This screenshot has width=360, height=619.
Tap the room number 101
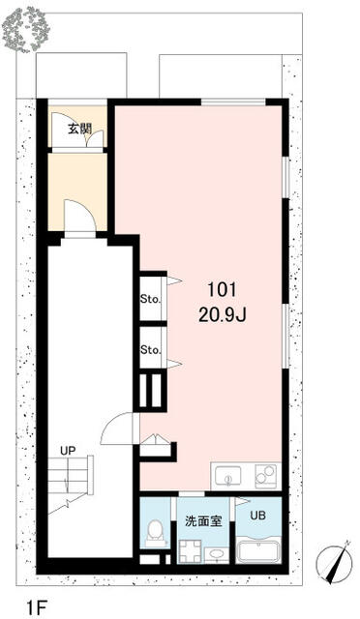(x=222, y=291)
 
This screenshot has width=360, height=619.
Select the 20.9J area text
(x=223, y=314)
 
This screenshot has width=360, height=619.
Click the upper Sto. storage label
(x=151, y=299)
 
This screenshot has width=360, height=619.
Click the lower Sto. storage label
(x=151, y=349)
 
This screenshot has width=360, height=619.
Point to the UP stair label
(x=68, y=451)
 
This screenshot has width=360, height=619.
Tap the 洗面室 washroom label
(x=203, y=521)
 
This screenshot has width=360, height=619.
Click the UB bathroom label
(x=257, y=516)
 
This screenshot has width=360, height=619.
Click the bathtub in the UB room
(x=258, y=549)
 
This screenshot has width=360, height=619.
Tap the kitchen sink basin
(x=227, y=476)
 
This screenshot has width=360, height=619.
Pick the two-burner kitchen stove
(x=265, y=476)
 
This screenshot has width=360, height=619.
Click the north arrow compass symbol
(x=334, y=562)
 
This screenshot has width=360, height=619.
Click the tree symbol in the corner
(x=25, y=30)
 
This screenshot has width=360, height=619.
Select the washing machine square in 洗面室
(x=191, y=550)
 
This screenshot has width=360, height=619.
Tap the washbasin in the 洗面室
(x=216, y=554)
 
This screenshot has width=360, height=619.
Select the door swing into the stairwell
(x=117, y=428)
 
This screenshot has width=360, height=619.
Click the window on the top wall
(x=233, y=103)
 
